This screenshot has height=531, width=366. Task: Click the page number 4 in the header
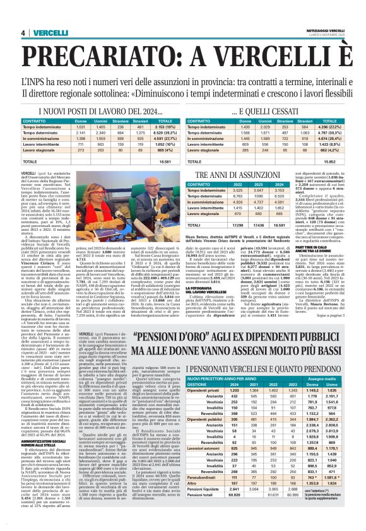pos(23,33)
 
